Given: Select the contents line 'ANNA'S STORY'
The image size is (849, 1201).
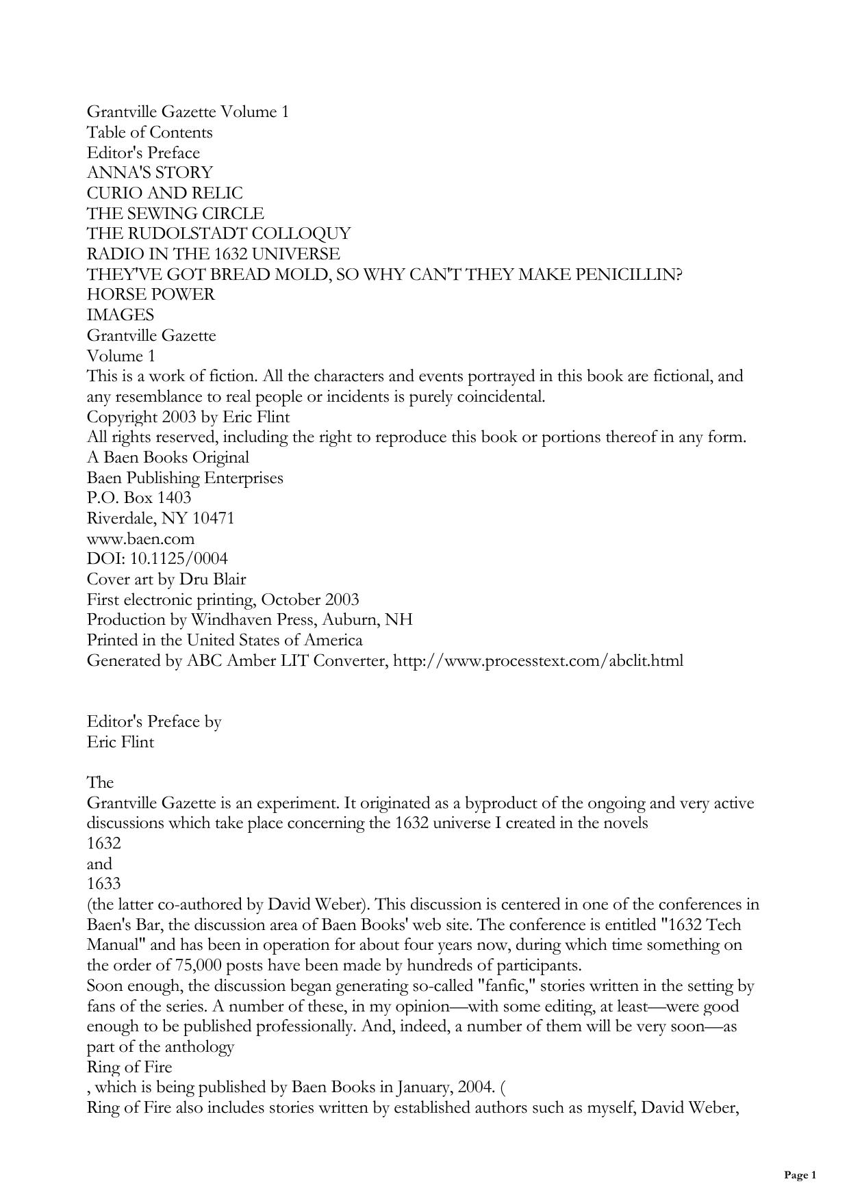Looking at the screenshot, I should coord(149,172).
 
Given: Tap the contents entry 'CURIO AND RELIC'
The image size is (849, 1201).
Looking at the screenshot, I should coord(164,193).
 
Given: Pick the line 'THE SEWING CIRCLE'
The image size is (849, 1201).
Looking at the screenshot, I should coord(175,214).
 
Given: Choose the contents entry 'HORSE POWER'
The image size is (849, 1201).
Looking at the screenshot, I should coord(151,294).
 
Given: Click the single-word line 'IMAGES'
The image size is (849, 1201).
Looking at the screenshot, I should coord(121,315).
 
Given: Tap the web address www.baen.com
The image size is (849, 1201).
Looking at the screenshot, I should coord(140,539).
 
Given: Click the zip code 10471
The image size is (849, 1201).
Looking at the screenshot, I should coord(213,518).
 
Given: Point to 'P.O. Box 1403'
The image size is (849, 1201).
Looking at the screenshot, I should coord(139,498).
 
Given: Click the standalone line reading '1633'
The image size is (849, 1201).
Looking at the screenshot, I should coord(103,883).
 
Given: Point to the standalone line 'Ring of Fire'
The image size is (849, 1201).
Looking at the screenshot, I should coord(129,1067).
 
